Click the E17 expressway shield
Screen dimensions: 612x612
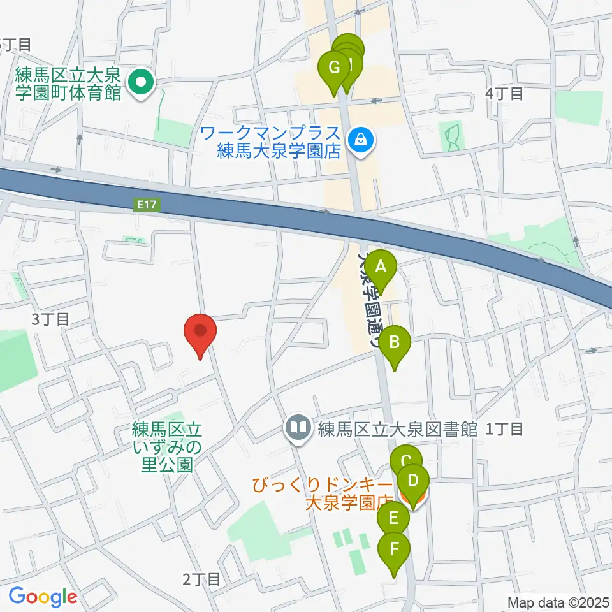point(143,205)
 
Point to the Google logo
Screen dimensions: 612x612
point(43,596)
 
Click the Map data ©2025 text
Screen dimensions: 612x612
point(558,602)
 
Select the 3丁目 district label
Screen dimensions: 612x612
point(51,319)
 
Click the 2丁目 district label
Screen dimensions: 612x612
point(201,579)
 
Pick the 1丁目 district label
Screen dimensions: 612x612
point(504,429)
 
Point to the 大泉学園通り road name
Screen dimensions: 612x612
point(370,300)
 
